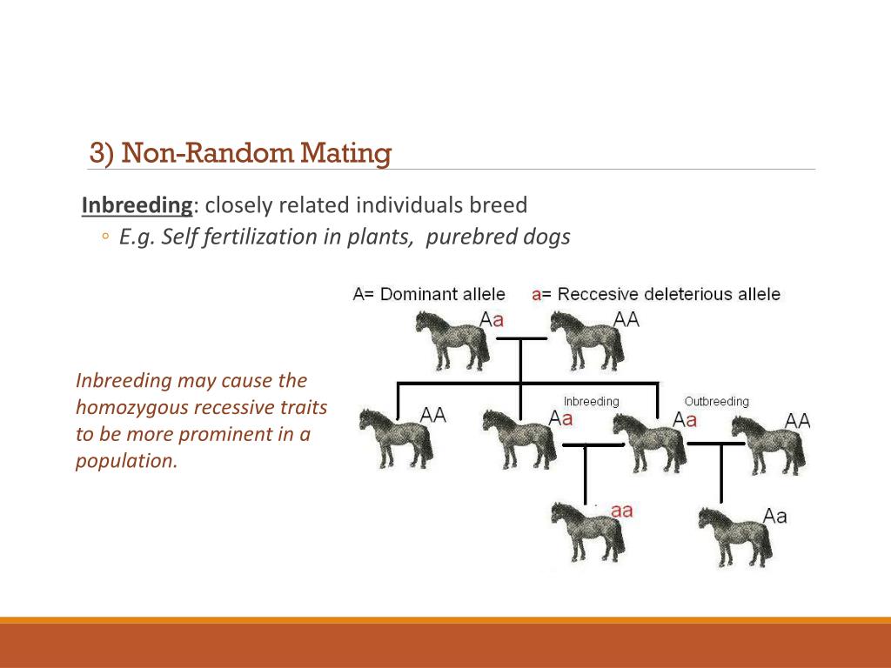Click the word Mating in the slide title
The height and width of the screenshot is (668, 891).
click(345, 154)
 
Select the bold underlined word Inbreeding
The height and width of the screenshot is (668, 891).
click(137, 205)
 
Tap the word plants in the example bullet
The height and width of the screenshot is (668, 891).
click(379, 237)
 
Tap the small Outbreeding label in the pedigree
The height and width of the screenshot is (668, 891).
click(716, 401)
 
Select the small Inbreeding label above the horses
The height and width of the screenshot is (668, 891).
click(591, 401)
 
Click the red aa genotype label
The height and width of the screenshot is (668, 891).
click(621, 511)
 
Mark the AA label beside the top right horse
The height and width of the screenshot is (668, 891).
click(626, 319)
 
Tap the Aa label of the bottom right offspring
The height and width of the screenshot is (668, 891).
click(774, 516)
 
